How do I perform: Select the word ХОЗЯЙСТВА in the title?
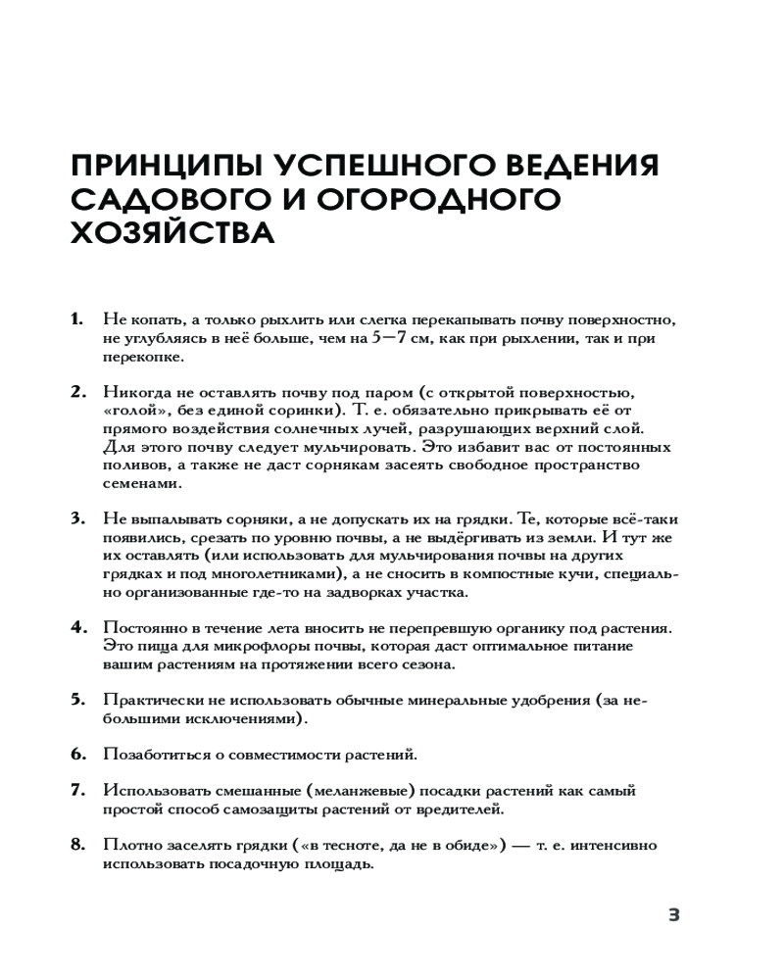(172, 235)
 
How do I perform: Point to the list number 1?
(76, 320)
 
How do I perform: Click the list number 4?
(76, 628)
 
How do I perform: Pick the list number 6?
(76, 755)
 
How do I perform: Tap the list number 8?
(76, 845)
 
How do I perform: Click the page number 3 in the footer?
(673, 915)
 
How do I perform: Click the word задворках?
(360, 593)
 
